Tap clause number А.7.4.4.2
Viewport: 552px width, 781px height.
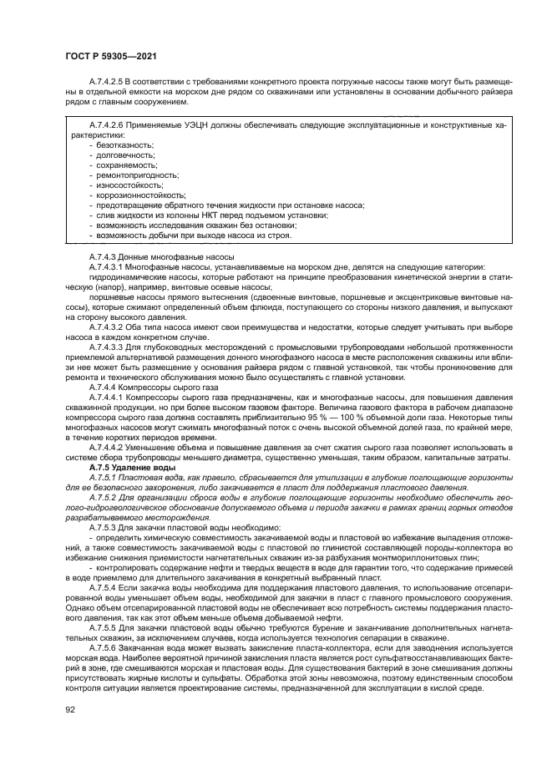point(106,447)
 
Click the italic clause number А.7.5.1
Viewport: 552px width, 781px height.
point(101,477)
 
